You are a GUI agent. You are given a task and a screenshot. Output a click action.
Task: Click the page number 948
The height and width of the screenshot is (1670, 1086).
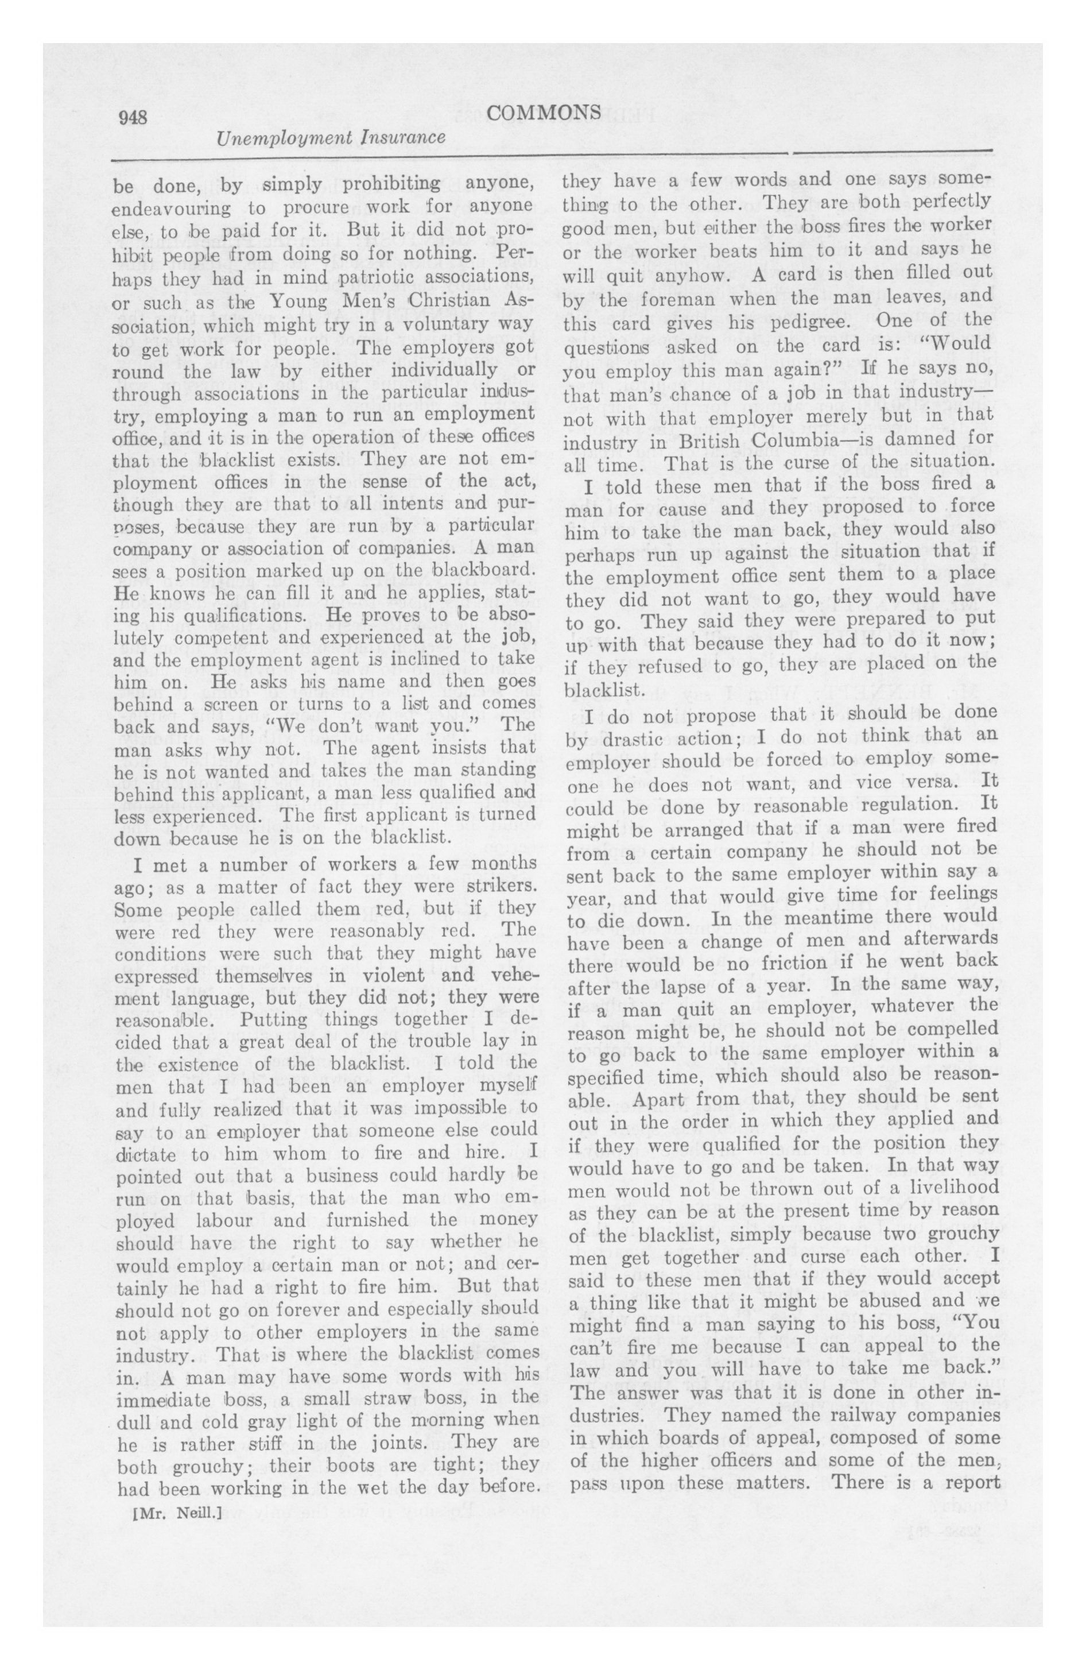pos(132,117)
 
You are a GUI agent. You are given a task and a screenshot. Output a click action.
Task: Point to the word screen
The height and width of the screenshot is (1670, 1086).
pos(214,705)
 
